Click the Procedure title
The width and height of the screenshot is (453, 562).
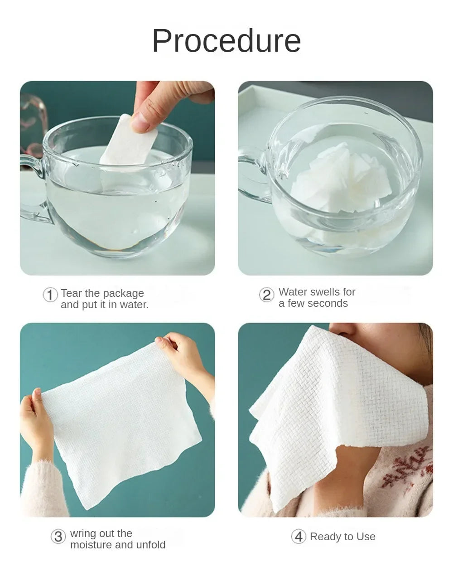pyautogui.click(x=226, y=41)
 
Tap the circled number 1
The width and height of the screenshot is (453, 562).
pyautogui.click(x=50, y=295)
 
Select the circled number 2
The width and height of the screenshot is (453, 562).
pyautogui.click(x=266, y=295)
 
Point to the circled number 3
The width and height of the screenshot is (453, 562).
pyautogui.click(x=58, y=537)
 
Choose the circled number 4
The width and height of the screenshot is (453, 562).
pyautogui.click(x=298, y=537)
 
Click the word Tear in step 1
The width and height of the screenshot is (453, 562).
pyautogui.click(x=72, y=293)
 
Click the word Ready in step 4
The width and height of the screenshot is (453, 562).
pyautogui.click(x=325, y=537)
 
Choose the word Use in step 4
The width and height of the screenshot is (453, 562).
pyautogui.click(x=366, y=537)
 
